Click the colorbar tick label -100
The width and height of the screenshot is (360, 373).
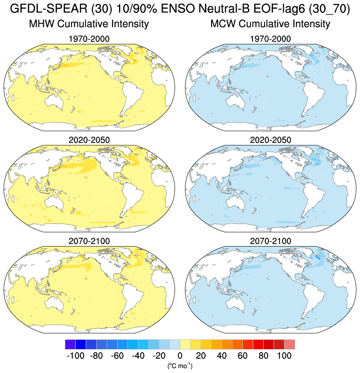pyautogui.click(x=75, y=356)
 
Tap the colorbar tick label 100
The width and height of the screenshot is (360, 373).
pyautogui.click(x=284, y=356)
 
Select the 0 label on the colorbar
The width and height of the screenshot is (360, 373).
pyautogui.click(x=180, y=356)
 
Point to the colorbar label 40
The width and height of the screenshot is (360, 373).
pyautogui.click(x=222, y=356)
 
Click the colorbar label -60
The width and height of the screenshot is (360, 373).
pyautogui.click(x=117, y=356)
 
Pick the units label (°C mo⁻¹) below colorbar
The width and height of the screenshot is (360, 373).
pyautogui.click(x=180, y=365)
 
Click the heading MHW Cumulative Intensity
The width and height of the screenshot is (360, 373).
pyautogui.click(x=89, y=24)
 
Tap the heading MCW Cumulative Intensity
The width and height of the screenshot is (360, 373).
pyautogui.click(x=270, y=24)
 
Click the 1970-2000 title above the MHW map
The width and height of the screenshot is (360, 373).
pyautogui.click(x=89, y=39)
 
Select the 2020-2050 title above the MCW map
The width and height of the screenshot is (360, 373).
pyautogui.click(x=270, y=140)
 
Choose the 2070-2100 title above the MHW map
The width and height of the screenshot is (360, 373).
pyautogui.click(x=89, y=241)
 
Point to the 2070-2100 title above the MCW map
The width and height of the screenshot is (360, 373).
pyautogui.click(x=270, y=241)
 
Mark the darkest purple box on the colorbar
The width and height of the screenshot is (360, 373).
pyautogui.click(x=70, y=345)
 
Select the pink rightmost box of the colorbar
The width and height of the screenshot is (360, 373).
pyautogui.click(x=290, y=345)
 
